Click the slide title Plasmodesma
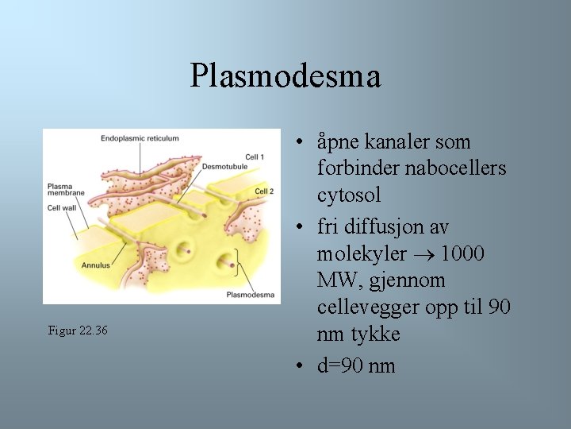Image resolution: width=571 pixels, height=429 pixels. pos(285,76)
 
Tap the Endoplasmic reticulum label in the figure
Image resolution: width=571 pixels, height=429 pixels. pos(140,138)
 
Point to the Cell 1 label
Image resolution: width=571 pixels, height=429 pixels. pos(255,157)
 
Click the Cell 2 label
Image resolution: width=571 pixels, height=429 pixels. pos(264,191)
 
